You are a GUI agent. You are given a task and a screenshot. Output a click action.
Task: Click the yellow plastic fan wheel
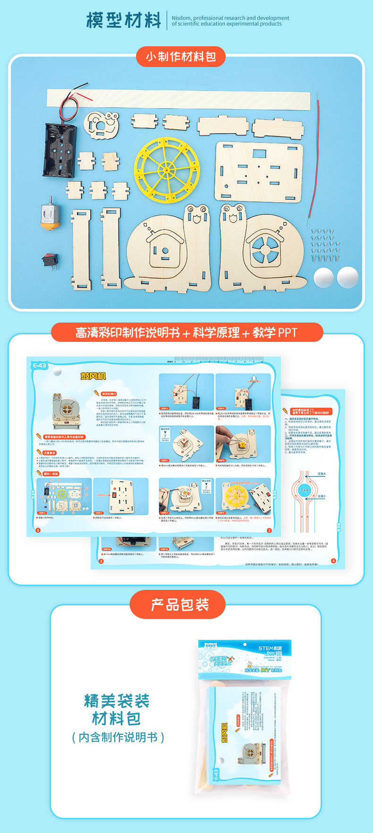167,169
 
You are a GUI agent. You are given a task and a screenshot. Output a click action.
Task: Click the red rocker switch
50,260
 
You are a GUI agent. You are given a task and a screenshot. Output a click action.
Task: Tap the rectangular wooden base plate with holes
259,172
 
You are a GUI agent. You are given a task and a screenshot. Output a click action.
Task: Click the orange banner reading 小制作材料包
180,57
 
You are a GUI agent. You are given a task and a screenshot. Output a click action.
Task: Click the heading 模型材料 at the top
124,20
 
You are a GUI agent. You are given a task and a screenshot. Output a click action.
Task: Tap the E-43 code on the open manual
40,365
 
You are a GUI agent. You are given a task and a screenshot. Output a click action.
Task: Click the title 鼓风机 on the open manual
93,376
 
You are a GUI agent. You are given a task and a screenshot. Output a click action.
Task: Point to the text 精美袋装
117,700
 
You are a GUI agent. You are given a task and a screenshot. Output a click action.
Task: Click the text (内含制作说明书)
118,737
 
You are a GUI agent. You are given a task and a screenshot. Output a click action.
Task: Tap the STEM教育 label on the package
272,648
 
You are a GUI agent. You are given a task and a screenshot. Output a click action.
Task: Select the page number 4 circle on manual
333,561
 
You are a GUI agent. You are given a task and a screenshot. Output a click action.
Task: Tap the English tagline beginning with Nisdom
230,21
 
